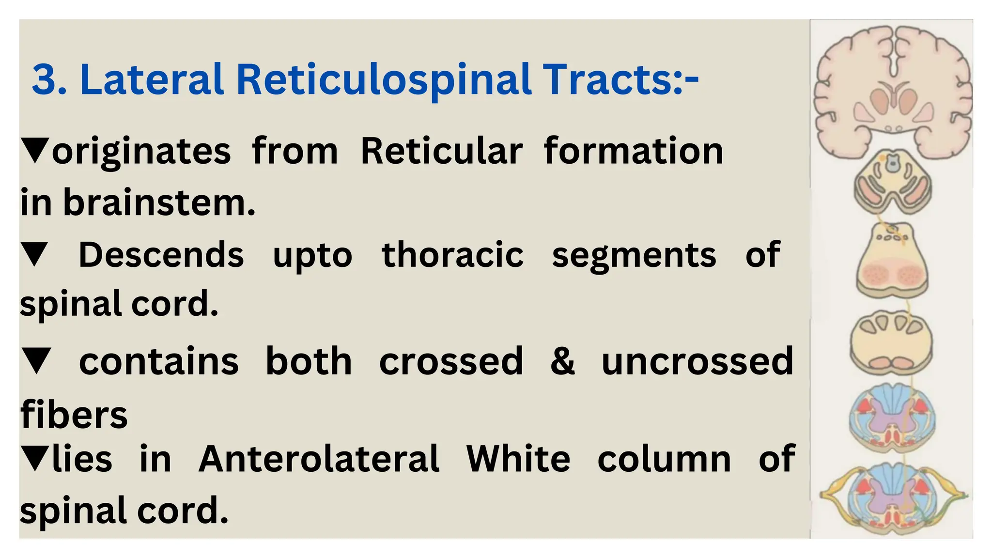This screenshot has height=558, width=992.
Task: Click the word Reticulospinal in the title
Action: [x=384, y=80]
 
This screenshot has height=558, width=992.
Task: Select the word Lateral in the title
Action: [x=152, y=79]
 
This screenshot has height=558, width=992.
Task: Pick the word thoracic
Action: [x=452, y=255]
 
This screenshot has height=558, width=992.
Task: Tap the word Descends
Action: [x=161, y=255]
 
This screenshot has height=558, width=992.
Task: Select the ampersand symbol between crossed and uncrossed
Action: [x=562, y=361]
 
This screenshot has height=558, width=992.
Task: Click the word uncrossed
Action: [x=697, y=361]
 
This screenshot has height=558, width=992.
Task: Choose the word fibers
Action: [x=74, y=415]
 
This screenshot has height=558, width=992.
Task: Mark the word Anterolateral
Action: [x=319, y=459]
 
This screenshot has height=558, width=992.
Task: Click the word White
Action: [x=518, y=459]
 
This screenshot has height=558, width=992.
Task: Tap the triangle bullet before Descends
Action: [x=35, y=255]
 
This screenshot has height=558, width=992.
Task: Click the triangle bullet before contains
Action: [x=36, y=361]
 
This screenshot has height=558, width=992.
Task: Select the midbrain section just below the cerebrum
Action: [x=892, y=182]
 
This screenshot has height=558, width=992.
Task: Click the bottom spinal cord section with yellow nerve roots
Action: [x=892, y=499]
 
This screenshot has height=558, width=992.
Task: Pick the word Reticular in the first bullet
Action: [x=442, y=152]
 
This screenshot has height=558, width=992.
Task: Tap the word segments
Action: [x=634, y=255]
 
